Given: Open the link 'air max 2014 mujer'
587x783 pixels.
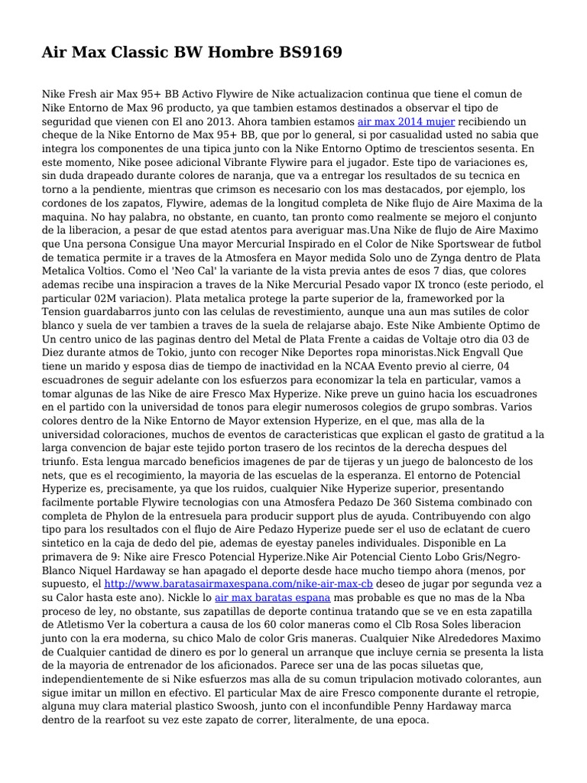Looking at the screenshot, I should (x=406, y=122).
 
